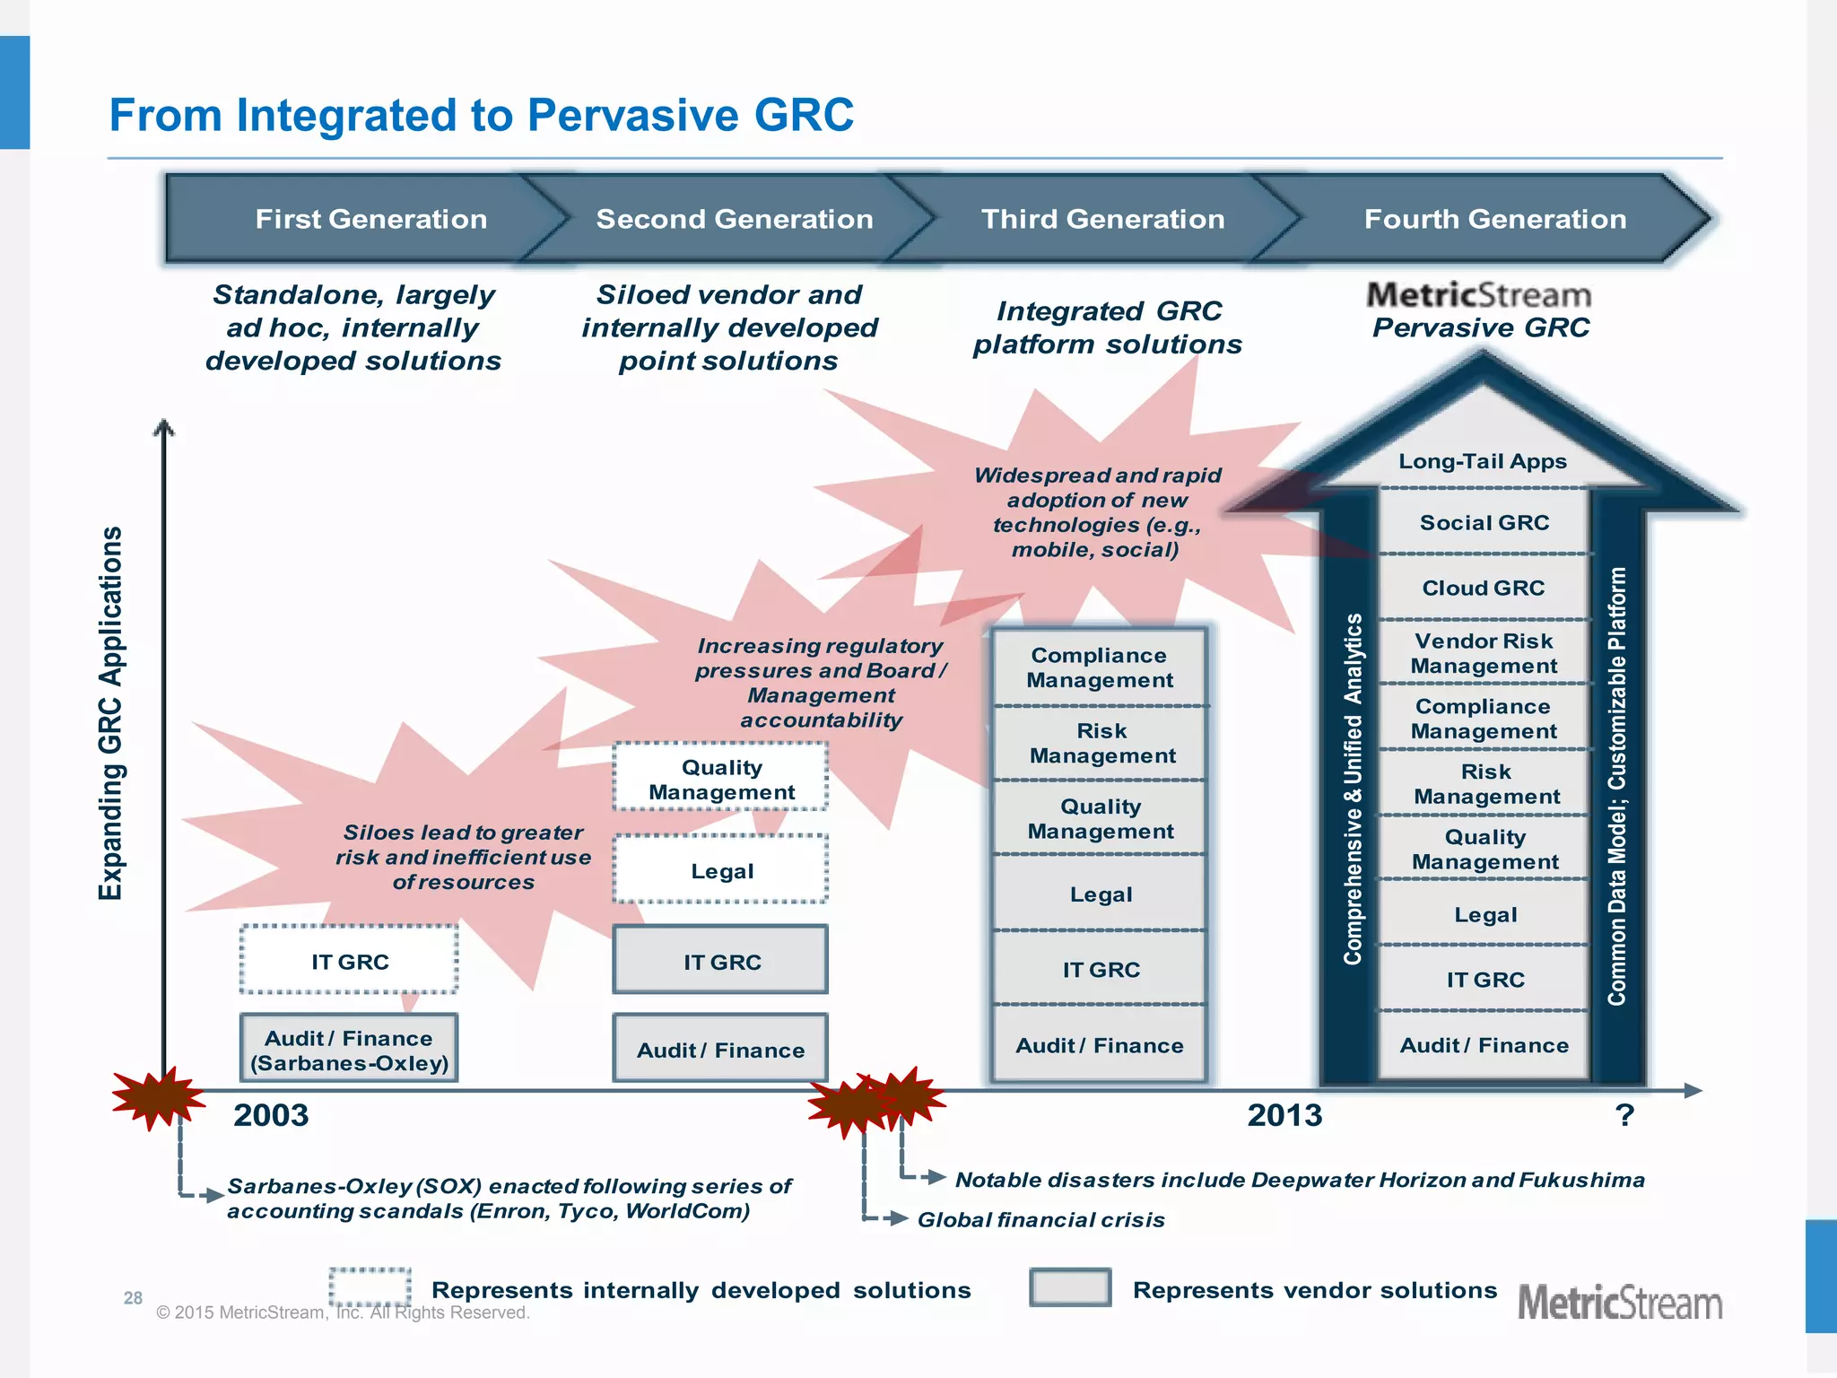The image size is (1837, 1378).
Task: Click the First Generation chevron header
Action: [x=370, y=219]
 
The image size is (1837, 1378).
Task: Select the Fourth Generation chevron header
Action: [x=1494, y=219]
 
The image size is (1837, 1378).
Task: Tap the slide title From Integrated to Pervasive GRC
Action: [x=481, y=116]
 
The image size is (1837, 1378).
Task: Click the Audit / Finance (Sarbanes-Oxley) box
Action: [x=349, y=1050]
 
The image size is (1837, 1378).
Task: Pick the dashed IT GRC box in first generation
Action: [x=349, y=961]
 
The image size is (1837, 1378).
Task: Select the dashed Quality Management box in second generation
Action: [x=721, y=779]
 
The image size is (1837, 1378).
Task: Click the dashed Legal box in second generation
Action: [x=721, y=870]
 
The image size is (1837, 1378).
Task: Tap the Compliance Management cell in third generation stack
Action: [x=1100, y=667]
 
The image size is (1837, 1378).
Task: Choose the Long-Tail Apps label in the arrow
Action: [x=1483, y=461]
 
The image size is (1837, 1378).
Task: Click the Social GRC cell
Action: [x=1484, y=522]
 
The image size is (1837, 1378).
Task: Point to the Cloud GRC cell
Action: [x=1484, y=588]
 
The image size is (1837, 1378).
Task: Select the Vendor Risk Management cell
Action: [x=1484, y=653]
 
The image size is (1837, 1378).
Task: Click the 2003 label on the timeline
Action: [x=271, y=1115]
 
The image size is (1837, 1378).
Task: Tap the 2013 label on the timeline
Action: [x=1284, y=1115]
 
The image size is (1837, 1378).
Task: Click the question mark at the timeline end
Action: [x=1624, y=1115]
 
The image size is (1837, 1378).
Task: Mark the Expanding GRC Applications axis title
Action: [x=110, y=713]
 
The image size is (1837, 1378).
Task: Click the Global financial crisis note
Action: [x=1040, y=1219]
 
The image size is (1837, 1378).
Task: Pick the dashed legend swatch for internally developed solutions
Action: [x=370, y=1287]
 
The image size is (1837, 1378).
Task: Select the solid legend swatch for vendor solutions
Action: [x=1070, y=1287]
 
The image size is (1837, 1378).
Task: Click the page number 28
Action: [x=133, y=1297]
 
